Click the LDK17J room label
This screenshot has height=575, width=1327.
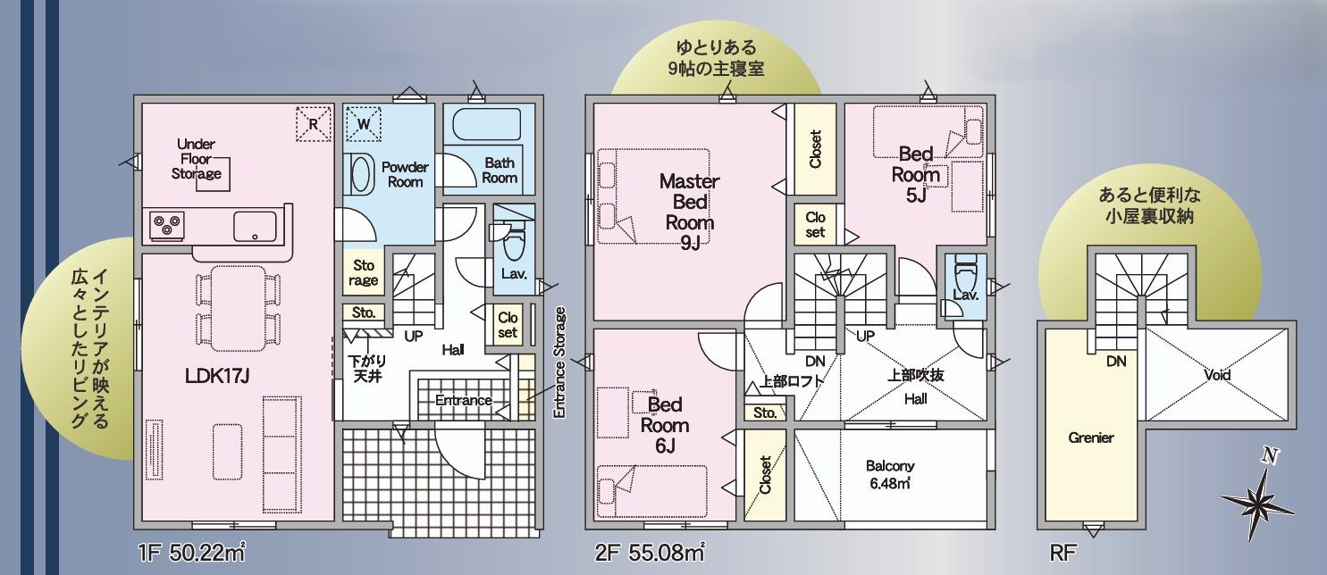[217, 375]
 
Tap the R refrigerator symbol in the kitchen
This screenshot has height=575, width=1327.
[313, 124]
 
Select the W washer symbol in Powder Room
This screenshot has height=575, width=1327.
[363, 124]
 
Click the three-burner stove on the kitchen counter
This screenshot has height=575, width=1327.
[166, 226]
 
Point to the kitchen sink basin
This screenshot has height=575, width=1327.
[255, 226]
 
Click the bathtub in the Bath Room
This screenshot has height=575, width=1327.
[487, 124]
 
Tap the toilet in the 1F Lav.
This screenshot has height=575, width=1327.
[513, 243]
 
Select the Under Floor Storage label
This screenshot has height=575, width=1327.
[196, 159]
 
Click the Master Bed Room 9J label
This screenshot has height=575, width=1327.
[690, 212]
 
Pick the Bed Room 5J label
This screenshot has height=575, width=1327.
[915, 175]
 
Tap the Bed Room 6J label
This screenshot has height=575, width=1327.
[665, 425]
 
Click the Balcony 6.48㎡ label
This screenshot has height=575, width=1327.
[890, 474]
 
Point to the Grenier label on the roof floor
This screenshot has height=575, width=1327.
[1091, 437]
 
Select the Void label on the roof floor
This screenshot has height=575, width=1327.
[1217, 375]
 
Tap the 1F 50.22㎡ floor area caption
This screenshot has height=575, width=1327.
[191, 553]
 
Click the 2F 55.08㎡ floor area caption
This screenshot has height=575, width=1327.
[650, 553]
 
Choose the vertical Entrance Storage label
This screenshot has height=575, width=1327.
[559, 362]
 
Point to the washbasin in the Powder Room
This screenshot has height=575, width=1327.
[359, 174]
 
